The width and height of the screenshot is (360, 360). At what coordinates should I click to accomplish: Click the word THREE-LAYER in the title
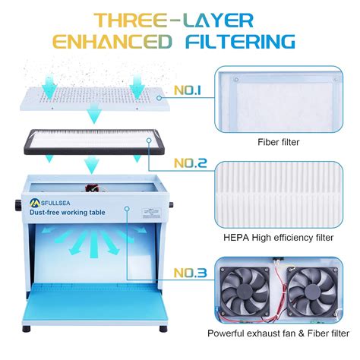[179, 17]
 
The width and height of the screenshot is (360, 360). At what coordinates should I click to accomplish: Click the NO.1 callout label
[187, 90]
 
